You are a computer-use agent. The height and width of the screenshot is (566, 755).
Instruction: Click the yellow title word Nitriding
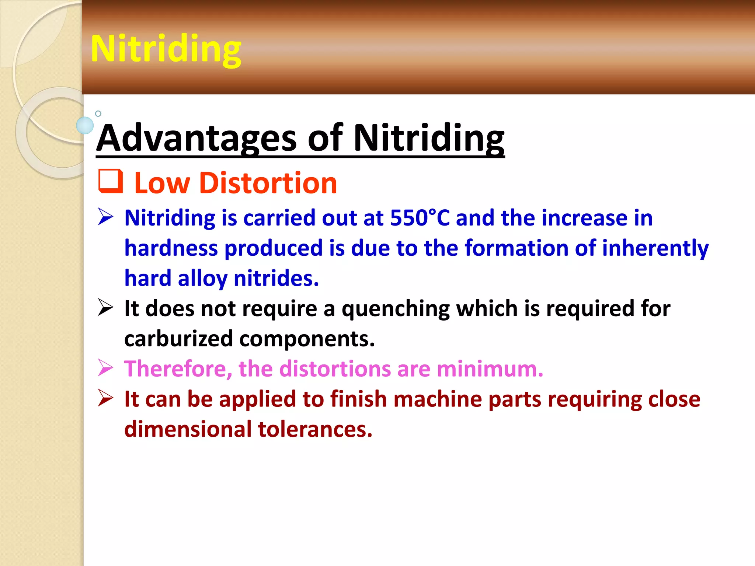[166, 49]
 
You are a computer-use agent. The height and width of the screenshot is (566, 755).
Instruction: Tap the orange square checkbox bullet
[110, 181]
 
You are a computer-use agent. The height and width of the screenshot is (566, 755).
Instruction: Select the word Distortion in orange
[268, 183]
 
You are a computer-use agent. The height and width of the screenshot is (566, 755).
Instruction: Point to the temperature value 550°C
[420, 218]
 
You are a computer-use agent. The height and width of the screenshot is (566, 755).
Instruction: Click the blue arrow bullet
[105, 217]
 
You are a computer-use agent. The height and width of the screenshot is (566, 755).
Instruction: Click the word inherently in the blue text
[655, 248]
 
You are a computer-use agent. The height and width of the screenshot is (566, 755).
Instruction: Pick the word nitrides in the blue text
[276, 278]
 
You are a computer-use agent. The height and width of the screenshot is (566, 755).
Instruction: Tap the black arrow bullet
[105, 307]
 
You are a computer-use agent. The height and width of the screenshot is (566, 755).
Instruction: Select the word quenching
[396, 309]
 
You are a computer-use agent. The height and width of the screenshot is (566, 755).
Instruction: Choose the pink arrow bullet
[105, 368]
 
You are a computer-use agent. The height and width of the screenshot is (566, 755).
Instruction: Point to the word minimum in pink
[490, 369]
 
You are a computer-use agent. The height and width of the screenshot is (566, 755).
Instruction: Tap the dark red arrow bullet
[105, 398]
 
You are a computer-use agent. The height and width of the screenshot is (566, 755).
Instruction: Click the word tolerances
[315, 429]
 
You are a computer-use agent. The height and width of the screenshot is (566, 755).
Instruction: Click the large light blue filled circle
[85, 125]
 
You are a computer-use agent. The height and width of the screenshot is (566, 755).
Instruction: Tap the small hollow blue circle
[98, 113]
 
